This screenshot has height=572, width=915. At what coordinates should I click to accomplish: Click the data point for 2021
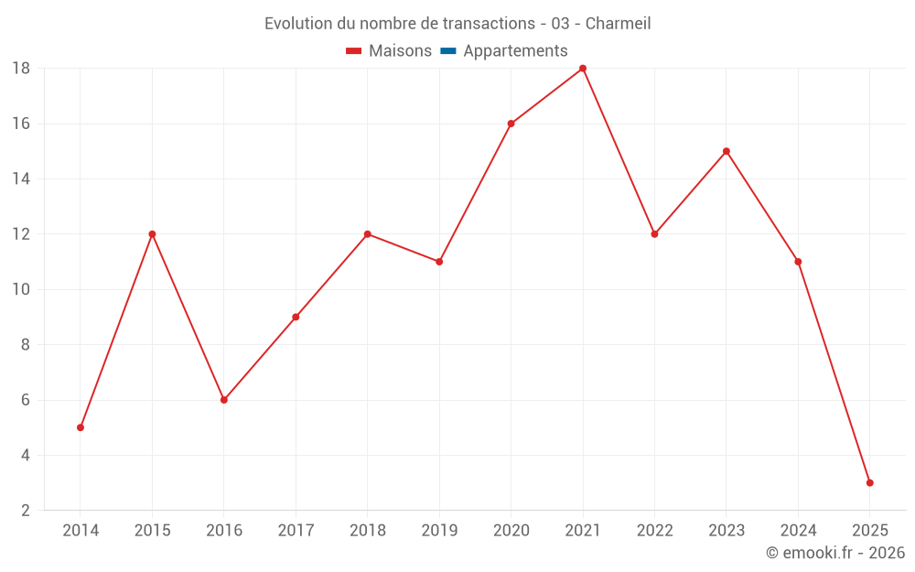(583, 69)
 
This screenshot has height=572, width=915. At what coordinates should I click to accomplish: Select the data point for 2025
(869, 482)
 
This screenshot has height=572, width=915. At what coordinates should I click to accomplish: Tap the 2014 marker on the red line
(81, 427)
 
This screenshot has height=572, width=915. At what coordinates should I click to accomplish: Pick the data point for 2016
(224, 400)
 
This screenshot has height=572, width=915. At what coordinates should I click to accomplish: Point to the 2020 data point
(511, 124)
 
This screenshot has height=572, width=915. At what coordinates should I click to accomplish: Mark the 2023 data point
(727, 151)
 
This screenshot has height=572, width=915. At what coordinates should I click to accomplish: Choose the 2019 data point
(439, 262)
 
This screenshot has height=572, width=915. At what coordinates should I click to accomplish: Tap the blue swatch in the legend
(447, 51)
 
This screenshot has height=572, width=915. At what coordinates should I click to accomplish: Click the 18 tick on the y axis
(21, 69)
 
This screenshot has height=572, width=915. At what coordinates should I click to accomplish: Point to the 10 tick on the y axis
(21, 289)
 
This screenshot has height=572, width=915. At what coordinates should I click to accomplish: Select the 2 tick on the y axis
(26, 510)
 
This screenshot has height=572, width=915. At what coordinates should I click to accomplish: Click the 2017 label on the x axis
(296, 531)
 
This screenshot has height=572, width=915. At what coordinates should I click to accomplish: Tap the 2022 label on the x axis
(654, 531)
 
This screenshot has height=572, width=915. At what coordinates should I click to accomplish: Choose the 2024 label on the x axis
(798, 531)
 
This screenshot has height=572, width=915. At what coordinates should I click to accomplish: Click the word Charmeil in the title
(618, 24)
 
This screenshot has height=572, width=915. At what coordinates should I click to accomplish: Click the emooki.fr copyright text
(834, 553)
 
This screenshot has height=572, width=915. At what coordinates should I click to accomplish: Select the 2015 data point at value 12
(152, 234)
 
